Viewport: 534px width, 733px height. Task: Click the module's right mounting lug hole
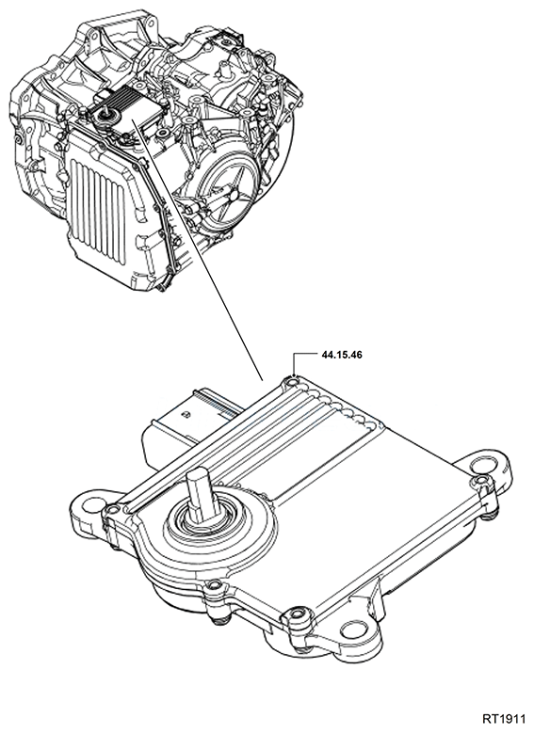tap(484, 463)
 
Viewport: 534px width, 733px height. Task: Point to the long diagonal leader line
tap(202, 245)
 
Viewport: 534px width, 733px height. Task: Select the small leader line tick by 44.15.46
tap(296, 363)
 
